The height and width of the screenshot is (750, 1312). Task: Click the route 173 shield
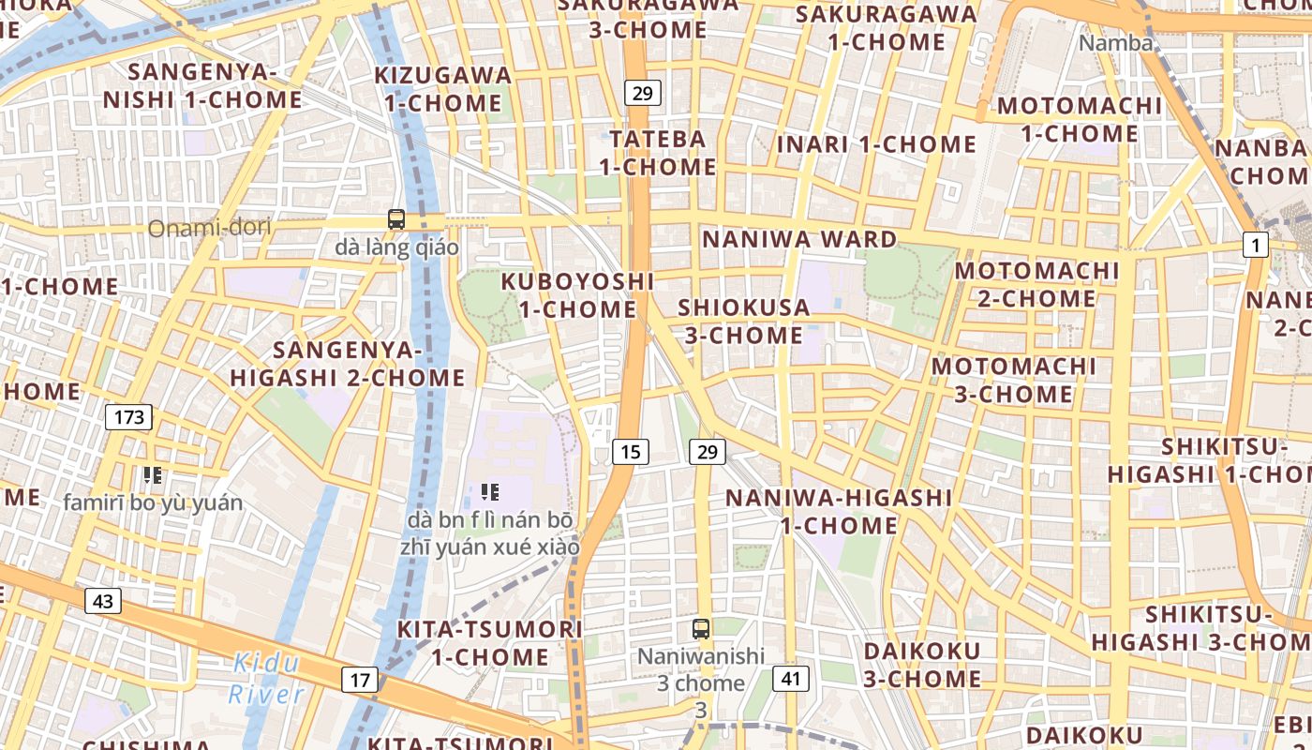(128, 416)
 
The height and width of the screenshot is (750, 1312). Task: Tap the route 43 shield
(102, 601)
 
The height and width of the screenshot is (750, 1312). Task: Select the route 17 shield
(361, 680)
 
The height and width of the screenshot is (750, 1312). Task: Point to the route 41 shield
(791, 679)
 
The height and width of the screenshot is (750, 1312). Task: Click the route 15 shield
(631, 452)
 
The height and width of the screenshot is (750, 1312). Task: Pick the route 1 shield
(1255, 246)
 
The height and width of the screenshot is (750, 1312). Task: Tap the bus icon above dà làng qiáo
(396, 220)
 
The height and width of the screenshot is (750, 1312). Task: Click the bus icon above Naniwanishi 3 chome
(700, 629)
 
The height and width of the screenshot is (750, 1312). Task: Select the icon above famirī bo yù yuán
(153, 475)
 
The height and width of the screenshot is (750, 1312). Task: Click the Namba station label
(1115, 42)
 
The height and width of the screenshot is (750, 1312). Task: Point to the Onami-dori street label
(209, 227)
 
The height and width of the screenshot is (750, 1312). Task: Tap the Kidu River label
(266, 679)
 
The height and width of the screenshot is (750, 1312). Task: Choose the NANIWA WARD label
(799, 239)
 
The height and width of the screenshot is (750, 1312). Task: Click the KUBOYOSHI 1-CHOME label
(577, 294)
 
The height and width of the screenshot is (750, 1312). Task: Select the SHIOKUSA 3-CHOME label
(743, 321)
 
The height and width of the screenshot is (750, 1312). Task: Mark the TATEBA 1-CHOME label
(658, 153)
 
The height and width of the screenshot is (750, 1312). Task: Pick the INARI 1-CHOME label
(876, 144)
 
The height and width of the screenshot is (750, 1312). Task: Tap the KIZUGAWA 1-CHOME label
(443, 88)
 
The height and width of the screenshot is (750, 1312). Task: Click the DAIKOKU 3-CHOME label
(922, 664)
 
